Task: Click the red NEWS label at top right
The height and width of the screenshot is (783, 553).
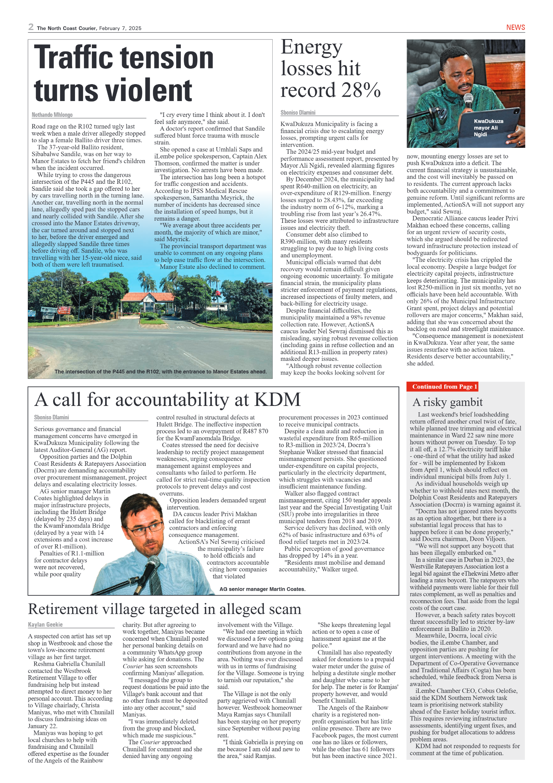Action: point(515,27)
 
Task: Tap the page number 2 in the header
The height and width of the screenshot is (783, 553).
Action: point(31,27)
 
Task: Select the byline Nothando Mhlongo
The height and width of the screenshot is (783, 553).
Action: point(52,115)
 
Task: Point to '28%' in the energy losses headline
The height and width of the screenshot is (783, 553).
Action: point(361,90)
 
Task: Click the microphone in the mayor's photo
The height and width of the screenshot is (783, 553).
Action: point(468,100)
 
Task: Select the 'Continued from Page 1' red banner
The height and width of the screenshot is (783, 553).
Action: point(444,387)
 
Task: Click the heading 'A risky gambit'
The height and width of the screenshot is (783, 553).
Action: point(447,402)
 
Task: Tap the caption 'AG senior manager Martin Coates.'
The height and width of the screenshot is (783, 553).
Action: point(262,589)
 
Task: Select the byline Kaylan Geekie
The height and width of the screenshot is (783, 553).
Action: point(45,625)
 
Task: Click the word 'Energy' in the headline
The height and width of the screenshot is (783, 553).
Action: point(312,47)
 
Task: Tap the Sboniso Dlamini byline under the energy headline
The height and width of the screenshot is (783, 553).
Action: point(298,113)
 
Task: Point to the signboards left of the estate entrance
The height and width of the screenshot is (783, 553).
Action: point(55,311)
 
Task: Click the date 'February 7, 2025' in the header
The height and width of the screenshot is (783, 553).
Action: point(120,29)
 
